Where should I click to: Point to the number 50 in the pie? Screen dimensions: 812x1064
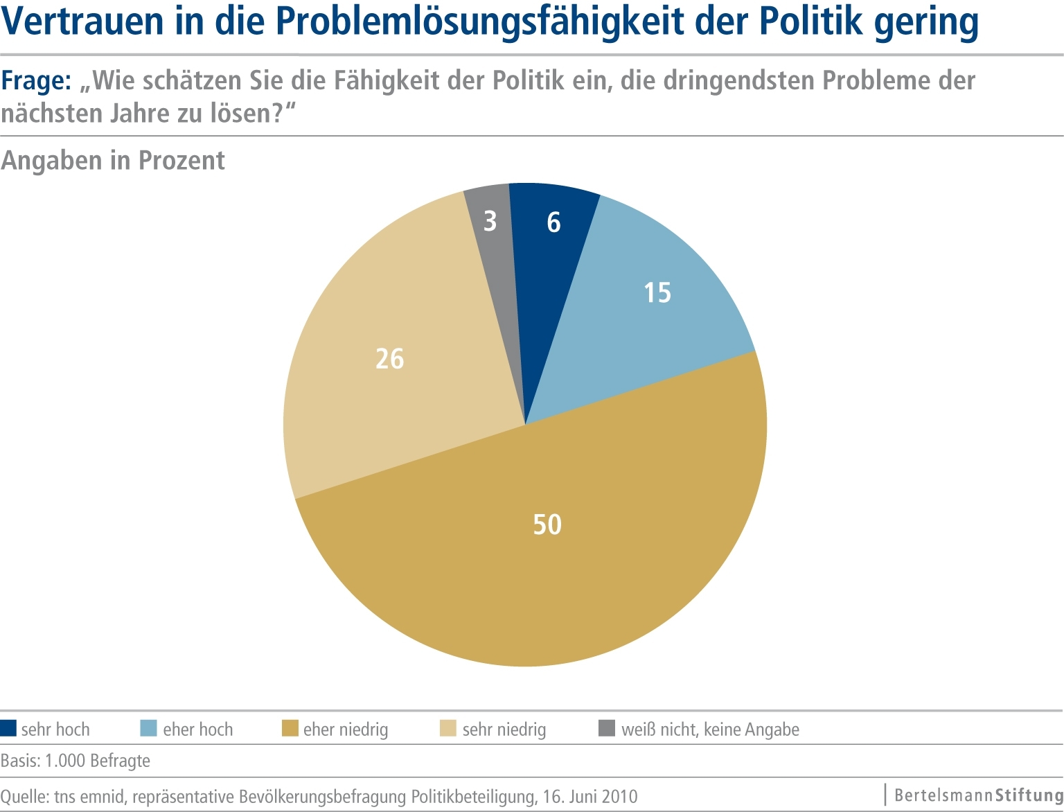tap(547, 524)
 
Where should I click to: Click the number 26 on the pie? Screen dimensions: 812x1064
tap(389, 359)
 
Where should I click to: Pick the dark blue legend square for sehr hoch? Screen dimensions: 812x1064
tap(8, 728)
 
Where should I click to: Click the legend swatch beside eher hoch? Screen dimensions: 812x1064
tap(149, 728)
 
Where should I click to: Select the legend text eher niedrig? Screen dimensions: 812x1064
tap(346, 730)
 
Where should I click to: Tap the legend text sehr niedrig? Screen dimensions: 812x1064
tap(504, 730)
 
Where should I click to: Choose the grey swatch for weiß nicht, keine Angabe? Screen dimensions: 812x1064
tap(607, 728)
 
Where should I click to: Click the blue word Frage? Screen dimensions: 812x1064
tap(35, 81)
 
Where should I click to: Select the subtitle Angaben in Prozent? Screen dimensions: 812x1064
tap(113, 161)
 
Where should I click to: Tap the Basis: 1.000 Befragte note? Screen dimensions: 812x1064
tap(76, 761)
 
